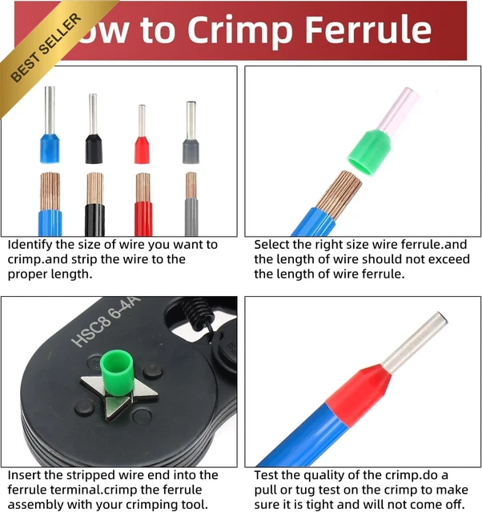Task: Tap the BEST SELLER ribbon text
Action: [x=46, y=48]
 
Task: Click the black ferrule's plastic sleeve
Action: [x=94, y=149]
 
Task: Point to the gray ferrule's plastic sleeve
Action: [x=191, y=151]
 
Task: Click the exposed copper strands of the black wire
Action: [x=94, y=189]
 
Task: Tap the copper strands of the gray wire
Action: [x=191, y=185]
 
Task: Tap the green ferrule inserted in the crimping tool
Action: [x=116, y=370]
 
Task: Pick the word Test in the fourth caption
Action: [x=266, y=475]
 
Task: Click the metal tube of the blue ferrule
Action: [x=50, y=110]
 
